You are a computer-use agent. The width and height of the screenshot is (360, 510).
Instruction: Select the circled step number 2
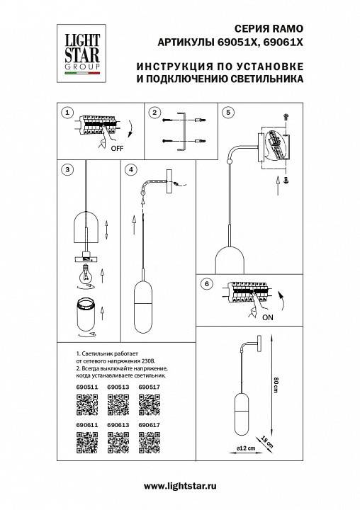(154, 113)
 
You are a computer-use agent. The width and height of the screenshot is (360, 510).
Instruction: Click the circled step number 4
(131, 170)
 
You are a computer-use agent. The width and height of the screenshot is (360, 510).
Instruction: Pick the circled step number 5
(227, 113)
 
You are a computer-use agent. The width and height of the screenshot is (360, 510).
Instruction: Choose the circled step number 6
(206, 284)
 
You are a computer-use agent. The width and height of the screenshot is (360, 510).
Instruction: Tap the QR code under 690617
(148, 443)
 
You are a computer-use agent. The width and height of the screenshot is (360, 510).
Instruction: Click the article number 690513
(117, 387)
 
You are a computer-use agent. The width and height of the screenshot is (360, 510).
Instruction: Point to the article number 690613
(117, 426)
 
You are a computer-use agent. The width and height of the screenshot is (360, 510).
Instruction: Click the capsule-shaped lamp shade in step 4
(143, 305)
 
